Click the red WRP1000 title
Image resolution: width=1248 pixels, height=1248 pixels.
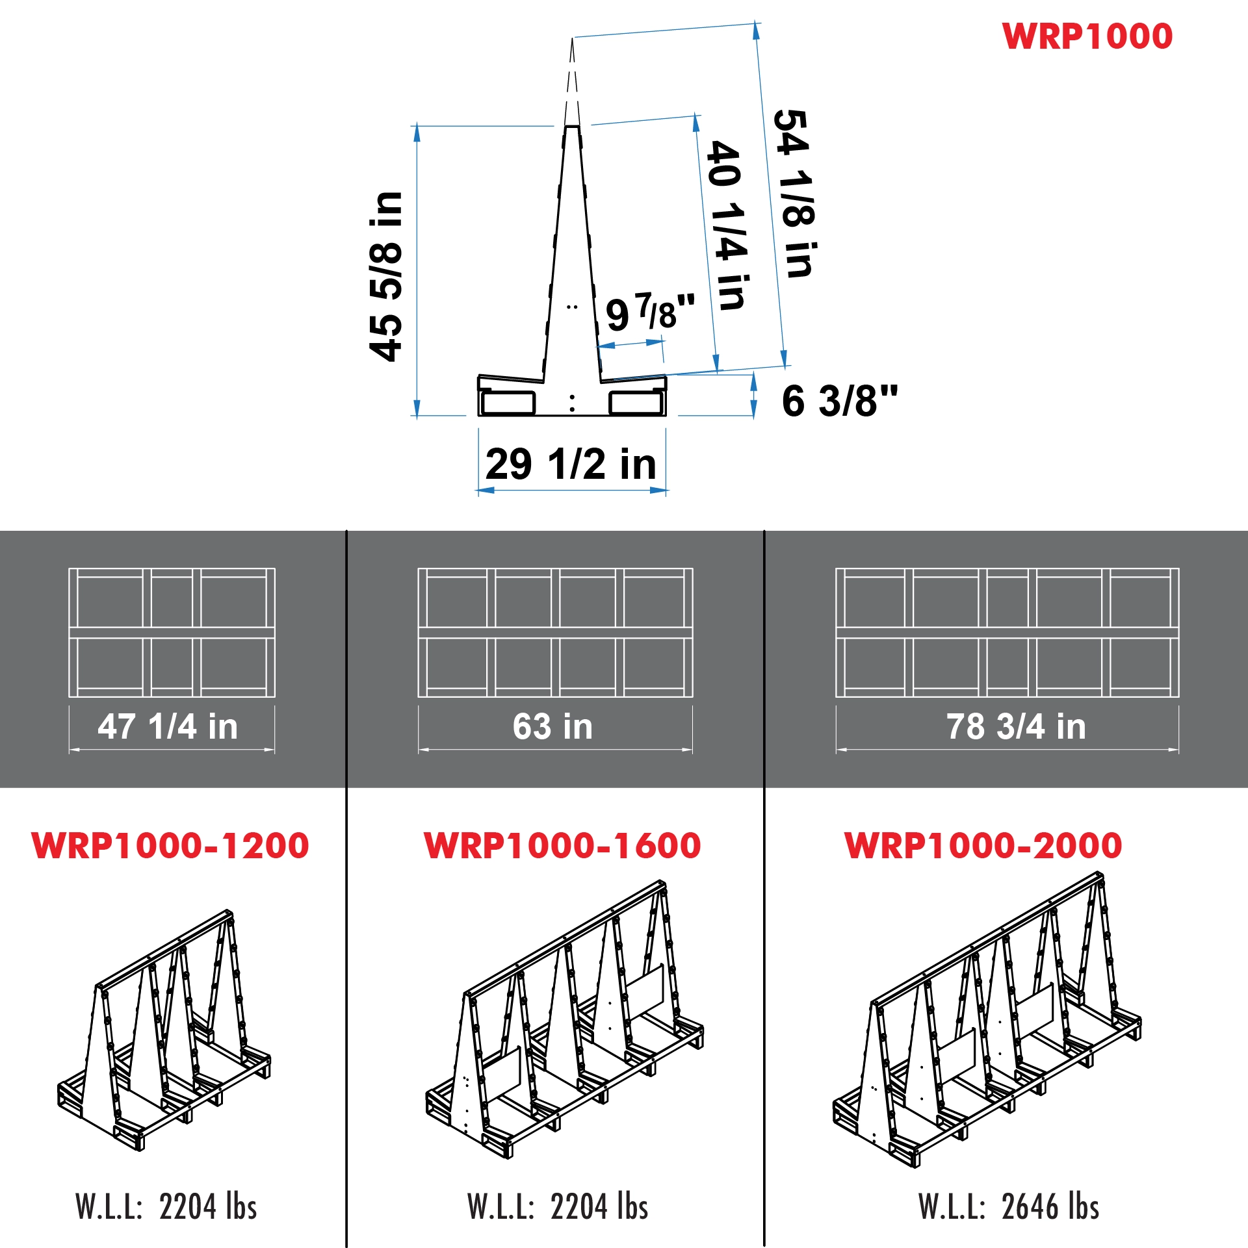pyautogui.click(x=1087, y=36)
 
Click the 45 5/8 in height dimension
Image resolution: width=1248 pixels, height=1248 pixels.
pyautogui.click(x=386, y=276)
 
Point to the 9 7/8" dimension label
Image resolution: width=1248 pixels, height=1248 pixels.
pyautogui.click(x=649, y=313)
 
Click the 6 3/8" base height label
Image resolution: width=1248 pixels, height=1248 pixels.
pyautogui.click(x=839, y=400)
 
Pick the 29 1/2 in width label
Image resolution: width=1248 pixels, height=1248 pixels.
pyautogui.click(x=571, y=464)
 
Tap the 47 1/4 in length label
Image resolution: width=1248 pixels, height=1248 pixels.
pyautogui.click(x=168, y=726)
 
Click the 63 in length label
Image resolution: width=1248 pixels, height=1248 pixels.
pyautogui.click(x=552, y=726)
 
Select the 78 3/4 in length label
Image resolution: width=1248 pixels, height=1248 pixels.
pyautogui.click(x=1016, y=726)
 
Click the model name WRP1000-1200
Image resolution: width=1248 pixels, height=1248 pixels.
pyautogui.click(x=170, y=846)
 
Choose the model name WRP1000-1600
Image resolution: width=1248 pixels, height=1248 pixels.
pyautogui.click(x=562, y=846)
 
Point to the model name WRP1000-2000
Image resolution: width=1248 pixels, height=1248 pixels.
pyautogui.click(x=983, y=846)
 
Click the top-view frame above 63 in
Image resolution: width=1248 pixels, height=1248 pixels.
pyautogui.click(x=555, y=632)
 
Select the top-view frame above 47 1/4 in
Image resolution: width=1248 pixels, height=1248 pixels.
pyautogui.click(x=172, y=632)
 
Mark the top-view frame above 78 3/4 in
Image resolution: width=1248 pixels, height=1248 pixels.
pyautogui.click(x=1007, y=632)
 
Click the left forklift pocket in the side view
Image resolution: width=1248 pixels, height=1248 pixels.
pyautogui.click(x=508, y=403)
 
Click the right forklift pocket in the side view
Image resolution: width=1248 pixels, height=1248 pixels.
pyautogui.click(x=636, y=403)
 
